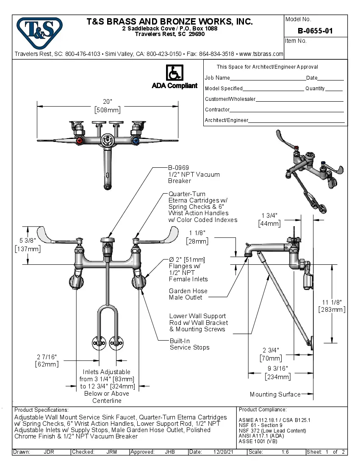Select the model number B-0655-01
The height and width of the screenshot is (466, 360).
(x=315, y=31)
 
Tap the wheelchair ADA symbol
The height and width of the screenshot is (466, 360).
(x=174, y=72)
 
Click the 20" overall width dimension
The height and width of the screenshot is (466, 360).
(x=107, y=102)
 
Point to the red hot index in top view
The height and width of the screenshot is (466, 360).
(x=79, y=141)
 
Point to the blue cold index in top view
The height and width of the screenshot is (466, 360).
(x=136, y=141)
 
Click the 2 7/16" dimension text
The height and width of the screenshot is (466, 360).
(x=47, y=357)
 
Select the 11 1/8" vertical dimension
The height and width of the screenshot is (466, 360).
(x=332, y=302)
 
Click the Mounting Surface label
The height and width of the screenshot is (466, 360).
(x=275, y=394)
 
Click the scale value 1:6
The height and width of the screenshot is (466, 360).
(x=285, y=452)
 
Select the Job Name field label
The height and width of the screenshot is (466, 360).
(x=217, y=78)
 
